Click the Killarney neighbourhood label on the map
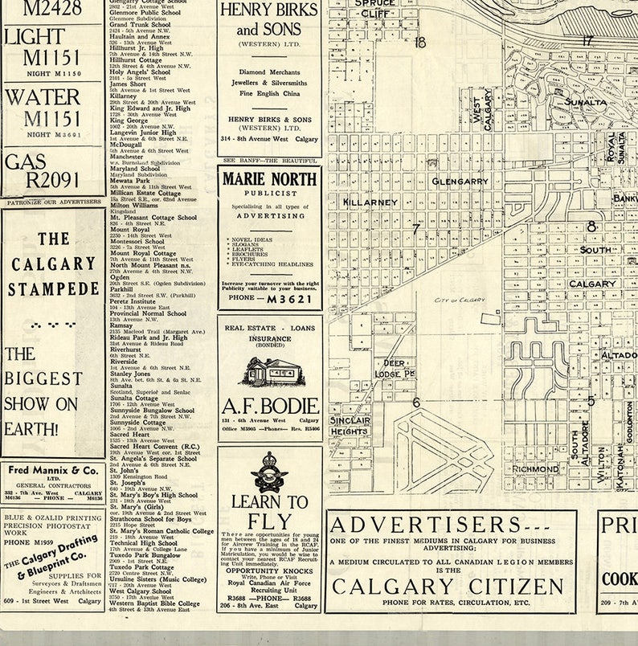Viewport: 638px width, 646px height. tap(370, 202)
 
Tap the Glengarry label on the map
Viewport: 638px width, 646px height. tap(460, 182)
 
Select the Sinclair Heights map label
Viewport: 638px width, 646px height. tap(350, 426)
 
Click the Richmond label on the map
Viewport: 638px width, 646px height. tap(535, 468)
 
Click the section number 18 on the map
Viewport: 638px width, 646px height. tap(419, 42)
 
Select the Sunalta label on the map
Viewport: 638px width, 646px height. tap(585, 102)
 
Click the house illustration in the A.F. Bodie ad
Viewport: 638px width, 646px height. tap(269, 372)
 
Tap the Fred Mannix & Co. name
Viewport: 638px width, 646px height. tap(54, 470)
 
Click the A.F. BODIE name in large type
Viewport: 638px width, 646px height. tap(270, 406)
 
